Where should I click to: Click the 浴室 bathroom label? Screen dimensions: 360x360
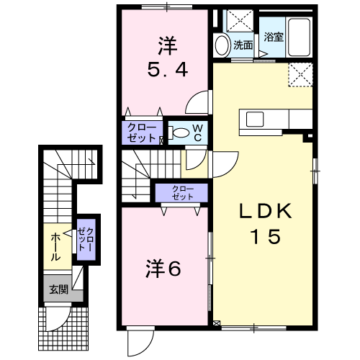coord(274,37)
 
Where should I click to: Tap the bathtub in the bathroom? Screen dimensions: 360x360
coord(299,37)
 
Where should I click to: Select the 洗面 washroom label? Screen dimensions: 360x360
coord(243,45)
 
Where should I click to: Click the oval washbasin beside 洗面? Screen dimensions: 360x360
coord(222,45)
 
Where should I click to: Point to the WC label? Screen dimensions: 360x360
coord(197,132)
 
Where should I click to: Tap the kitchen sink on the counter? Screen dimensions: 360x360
coord(255,120)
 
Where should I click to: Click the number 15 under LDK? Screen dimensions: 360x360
coord(266,236)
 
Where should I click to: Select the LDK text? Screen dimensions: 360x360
coord(266,211)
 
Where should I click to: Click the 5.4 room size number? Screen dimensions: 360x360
coord(167,70)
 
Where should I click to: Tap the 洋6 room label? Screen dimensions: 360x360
coord(163,269)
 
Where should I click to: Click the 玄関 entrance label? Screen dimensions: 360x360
coord(59,289)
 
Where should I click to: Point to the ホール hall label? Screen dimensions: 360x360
coord(55,247)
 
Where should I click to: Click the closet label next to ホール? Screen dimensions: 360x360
coord(86,240)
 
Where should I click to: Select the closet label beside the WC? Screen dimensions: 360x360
coord(142,132)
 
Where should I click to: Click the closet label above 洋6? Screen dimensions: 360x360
coord(182,193)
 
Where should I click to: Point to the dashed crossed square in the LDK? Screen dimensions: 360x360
coord(300,74)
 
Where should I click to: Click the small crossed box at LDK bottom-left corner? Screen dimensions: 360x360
coord(217,323)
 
